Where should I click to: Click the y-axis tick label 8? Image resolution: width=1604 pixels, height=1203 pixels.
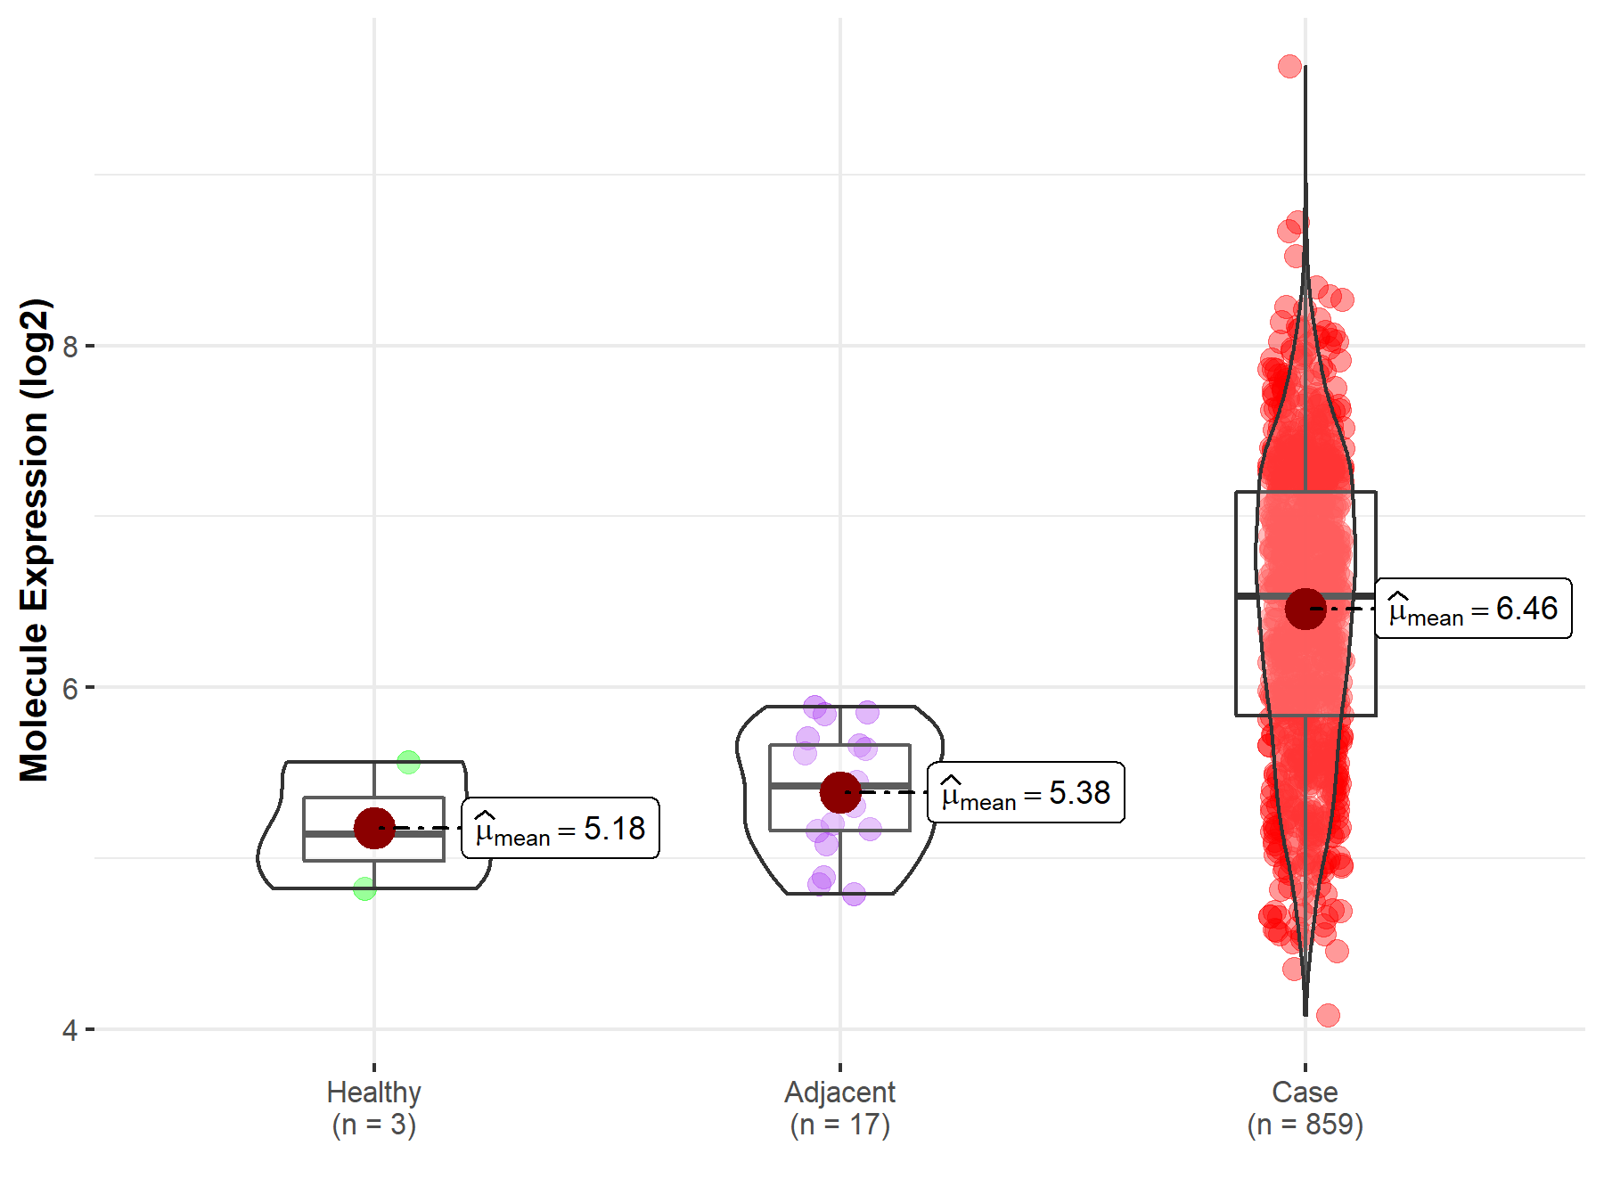pyautogui.click(x=70, y=346)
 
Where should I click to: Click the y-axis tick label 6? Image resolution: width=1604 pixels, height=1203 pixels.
pyautogui.click(x=70, y=688)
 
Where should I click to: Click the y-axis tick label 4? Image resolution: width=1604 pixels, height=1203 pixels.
pyautogui.click(x=70, y=1031)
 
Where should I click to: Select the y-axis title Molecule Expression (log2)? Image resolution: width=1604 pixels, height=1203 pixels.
pyautogui.click(x=34, y=540)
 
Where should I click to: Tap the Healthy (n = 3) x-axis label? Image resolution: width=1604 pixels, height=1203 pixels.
pyautogui.click(x=374, y=1108)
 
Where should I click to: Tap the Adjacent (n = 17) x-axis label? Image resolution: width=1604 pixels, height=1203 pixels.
pyautogui.click(x=839, y=1108)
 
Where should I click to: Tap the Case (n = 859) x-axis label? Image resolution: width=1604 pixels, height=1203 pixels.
pyautogui.click(x=1305, y=1108)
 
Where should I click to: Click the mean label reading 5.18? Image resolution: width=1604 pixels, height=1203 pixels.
pyautogui.click(x=561, y=829)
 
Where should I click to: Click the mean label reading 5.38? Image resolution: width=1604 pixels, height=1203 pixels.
pyautogui.click(x=1026, y=792)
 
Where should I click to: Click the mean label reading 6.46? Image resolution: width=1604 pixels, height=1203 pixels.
pyautogui.click(x=1473, y=609)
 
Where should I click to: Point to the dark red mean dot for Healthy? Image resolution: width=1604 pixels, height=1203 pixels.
pyautogui.click(x=374, y=828)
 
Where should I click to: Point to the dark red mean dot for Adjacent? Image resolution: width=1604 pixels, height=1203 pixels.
pyautogui.click(x=839, y=791)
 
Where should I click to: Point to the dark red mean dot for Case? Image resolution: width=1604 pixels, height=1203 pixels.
pyautogui.click(x=1305, y=609)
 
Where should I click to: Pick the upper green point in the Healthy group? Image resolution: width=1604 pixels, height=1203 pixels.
pyautogui.click(x=408, y=762)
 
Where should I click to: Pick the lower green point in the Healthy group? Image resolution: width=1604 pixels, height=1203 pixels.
pyautogui.click(x=364, y=888)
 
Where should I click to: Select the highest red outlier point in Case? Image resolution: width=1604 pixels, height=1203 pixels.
pyautogui.click(x=1289, y=66)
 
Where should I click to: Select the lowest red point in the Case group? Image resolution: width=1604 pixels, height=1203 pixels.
pyautogui.click(x=1328, y=1015)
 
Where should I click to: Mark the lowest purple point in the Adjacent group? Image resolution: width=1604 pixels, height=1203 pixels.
pyautogui.click(x=854, y=894)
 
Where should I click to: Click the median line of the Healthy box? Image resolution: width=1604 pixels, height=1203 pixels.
pyautogui.click(x=339, y=834)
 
